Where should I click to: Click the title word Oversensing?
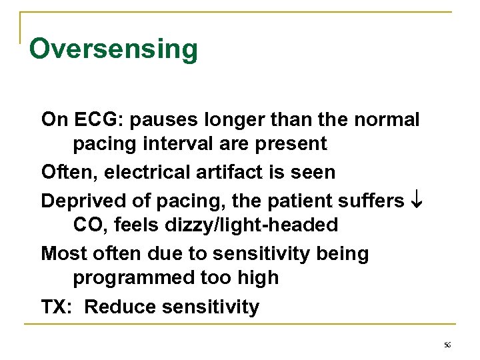[113, 49]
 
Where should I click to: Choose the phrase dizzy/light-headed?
[227, 225]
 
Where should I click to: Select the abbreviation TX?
[59, 307]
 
